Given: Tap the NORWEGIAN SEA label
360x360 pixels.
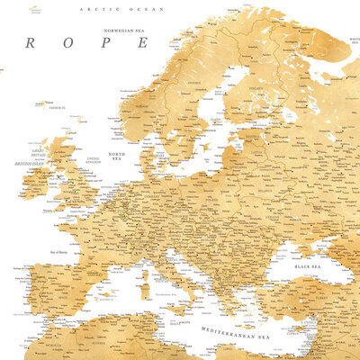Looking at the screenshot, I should point(125,31).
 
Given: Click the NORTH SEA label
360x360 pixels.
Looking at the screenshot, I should point(116,156).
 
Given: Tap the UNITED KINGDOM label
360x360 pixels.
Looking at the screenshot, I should point(91,162).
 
